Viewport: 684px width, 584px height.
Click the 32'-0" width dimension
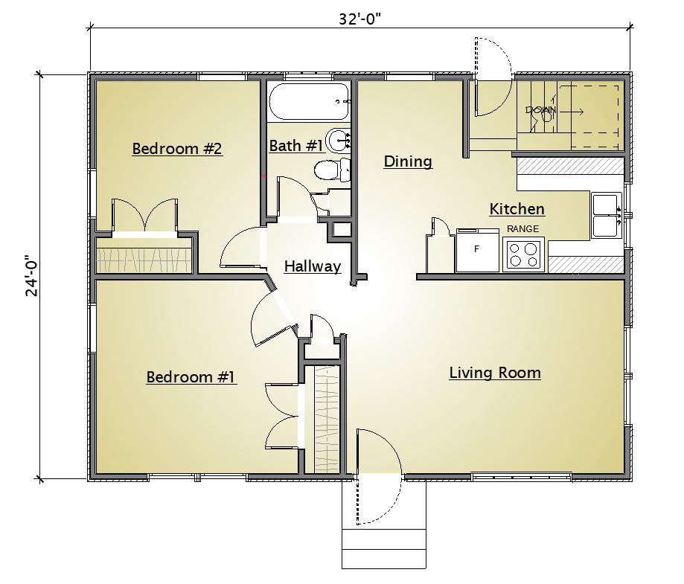[x=360, y=19]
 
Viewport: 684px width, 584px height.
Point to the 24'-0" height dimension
[x=32, y=276]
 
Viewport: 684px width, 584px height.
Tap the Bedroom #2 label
[x=177, y=148]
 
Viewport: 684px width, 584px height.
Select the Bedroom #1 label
[x=191, y=377]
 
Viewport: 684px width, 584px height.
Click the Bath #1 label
[x=296, y=145]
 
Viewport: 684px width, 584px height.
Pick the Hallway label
[x=313, y=266]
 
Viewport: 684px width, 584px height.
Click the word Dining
[x=408, y=162]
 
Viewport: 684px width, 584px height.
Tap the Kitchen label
[x=517, y=209]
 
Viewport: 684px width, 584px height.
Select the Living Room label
[x=495, y=373]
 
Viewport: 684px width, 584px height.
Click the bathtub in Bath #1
[x=309, y=102]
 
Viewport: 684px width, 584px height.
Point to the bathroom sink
[x=339, y=140]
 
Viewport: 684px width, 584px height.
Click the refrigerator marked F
[x=477, y=250]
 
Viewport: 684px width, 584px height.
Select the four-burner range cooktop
[x=523, y=254]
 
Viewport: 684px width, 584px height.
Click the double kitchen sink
[x=607, y=216]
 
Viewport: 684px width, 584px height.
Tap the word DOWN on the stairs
[x=541, y=110]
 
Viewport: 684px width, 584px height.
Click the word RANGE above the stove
[x=522, y=228]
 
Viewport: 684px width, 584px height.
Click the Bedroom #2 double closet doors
[x=145, y=216]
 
